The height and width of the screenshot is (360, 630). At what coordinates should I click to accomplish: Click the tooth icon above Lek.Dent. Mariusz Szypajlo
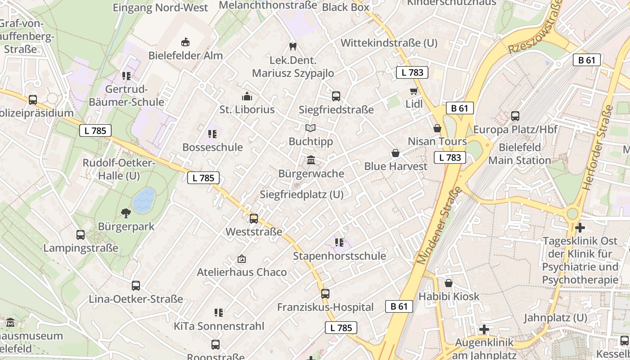[x=292, y=46]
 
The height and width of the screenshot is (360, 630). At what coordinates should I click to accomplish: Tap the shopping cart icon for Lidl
[x=414, y=91]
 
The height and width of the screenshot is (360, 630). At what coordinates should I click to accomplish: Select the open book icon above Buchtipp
[x=310, y=128]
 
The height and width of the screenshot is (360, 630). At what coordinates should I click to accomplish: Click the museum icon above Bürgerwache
[x=310, y=160]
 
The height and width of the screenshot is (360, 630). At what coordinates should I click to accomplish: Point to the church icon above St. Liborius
[x=247, y=96]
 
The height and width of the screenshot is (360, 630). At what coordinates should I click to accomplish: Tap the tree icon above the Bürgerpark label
[x=126, y=213]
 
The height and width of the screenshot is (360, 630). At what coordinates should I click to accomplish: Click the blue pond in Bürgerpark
[x=144, y=200]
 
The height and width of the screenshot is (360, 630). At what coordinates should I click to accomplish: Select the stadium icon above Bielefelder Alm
[x=185, y=42]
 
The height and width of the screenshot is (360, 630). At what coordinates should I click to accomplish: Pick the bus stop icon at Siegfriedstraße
[x=336, y=96]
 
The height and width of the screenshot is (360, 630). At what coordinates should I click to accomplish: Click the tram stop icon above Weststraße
[x=254, y=219]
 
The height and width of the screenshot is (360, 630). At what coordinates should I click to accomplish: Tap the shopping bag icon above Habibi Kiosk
[x=449, y=283]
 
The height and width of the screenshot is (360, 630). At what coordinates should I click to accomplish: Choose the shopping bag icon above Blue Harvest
[x=396, y=153]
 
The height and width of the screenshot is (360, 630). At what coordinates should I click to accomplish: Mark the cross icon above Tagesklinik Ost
[x=580, y=228]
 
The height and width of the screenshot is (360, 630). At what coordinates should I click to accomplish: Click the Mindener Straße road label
[x=440, y=225]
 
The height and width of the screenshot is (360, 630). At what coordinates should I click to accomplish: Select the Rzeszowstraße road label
[x=535, y=27]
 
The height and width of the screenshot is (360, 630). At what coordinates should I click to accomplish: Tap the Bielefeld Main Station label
[x=520, y=154]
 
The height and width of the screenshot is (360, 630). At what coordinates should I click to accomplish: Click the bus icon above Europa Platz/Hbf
[x=515, y=116]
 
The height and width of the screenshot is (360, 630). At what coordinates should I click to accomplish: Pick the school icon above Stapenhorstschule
[x=339, y=243]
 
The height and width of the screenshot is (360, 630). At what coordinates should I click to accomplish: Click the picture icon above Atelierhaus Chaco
[x=242, y=259]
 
